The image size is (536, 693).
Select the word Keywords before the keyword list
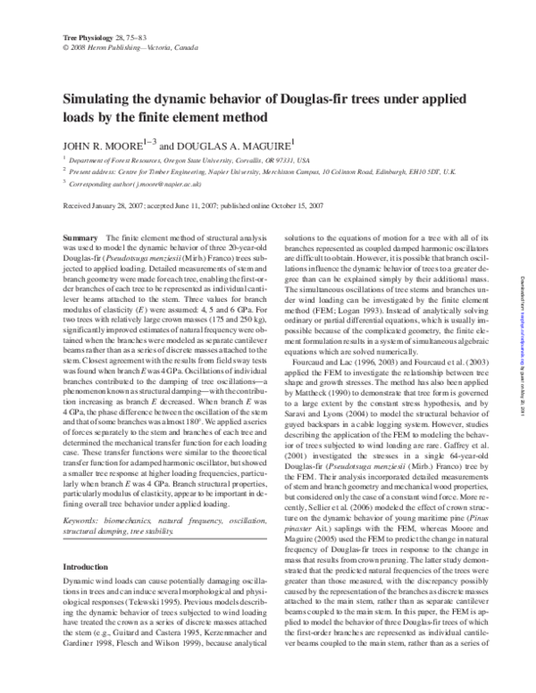87,496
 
